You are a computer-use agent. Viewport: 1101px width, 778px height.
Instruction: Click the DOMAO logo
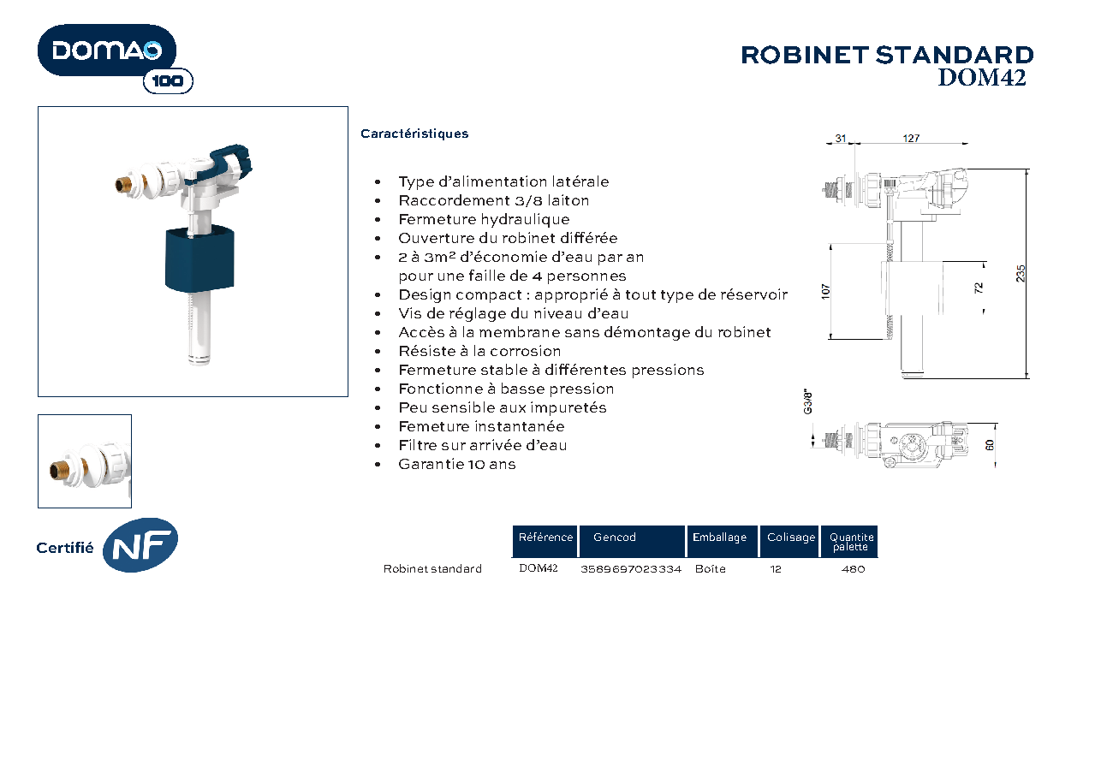[x=107, y=50]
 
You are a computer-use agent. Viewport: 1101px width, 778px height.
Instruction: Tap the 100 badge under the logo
[x=168, y=81]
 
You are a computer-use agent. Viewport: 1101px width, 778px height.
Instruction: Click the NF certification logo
[x=140, y=545]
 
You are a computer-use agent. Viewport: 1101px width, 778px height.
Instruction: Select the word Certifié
[x=65, y=548]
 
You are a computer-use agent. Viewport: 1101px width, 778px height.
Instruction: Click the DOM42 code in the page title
[x=981, y=78]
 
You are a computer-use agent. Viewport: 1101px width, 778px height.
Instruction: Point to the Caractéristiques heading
[x=414, y=134]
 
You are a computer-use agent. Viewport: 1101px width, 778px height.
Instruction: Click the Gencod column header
[x=615, y=537]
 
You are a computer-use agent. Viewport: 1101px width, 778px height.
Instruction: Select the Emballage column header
[x=719, y=537]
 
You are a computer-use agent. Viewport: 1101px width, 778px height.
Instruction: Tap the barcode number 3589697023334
[x=631, y=569]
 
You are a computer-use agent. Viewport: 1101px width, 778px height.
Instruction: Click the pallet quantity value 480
[x=853, y=569]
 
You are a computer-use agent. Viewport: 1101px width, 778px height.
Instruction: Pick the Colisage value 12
[x=776, y=569]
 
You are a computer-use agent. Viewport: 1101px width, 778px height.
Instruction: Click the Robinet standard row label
[x=432, y=568]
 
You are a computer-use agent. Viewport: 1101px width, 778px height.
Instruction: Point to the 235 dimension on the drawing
[x=1021, y=274]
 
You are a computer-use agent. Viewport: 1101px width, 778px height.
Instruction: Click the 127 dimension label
[x=911, y=139]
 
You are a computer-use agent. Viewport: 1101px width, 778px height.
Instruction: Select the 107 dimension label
[x=825, y=292]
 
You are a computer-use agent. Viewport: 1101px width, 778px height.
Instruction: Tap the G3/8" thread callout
[x=807, y=402]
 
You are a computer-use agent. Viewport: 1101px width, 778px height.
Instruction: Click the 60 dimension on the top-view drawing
[x=990, y=445]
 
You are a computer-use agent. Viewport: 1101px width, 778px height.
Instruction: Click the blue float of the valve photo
[x=199, y=259]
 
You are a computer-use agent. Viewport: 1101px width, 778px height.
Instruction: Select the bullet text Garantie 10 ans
[x=457, y=464]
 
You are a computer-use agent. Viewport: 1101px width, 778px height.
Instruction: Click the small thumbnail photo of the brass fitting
[x=85, y=461]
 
